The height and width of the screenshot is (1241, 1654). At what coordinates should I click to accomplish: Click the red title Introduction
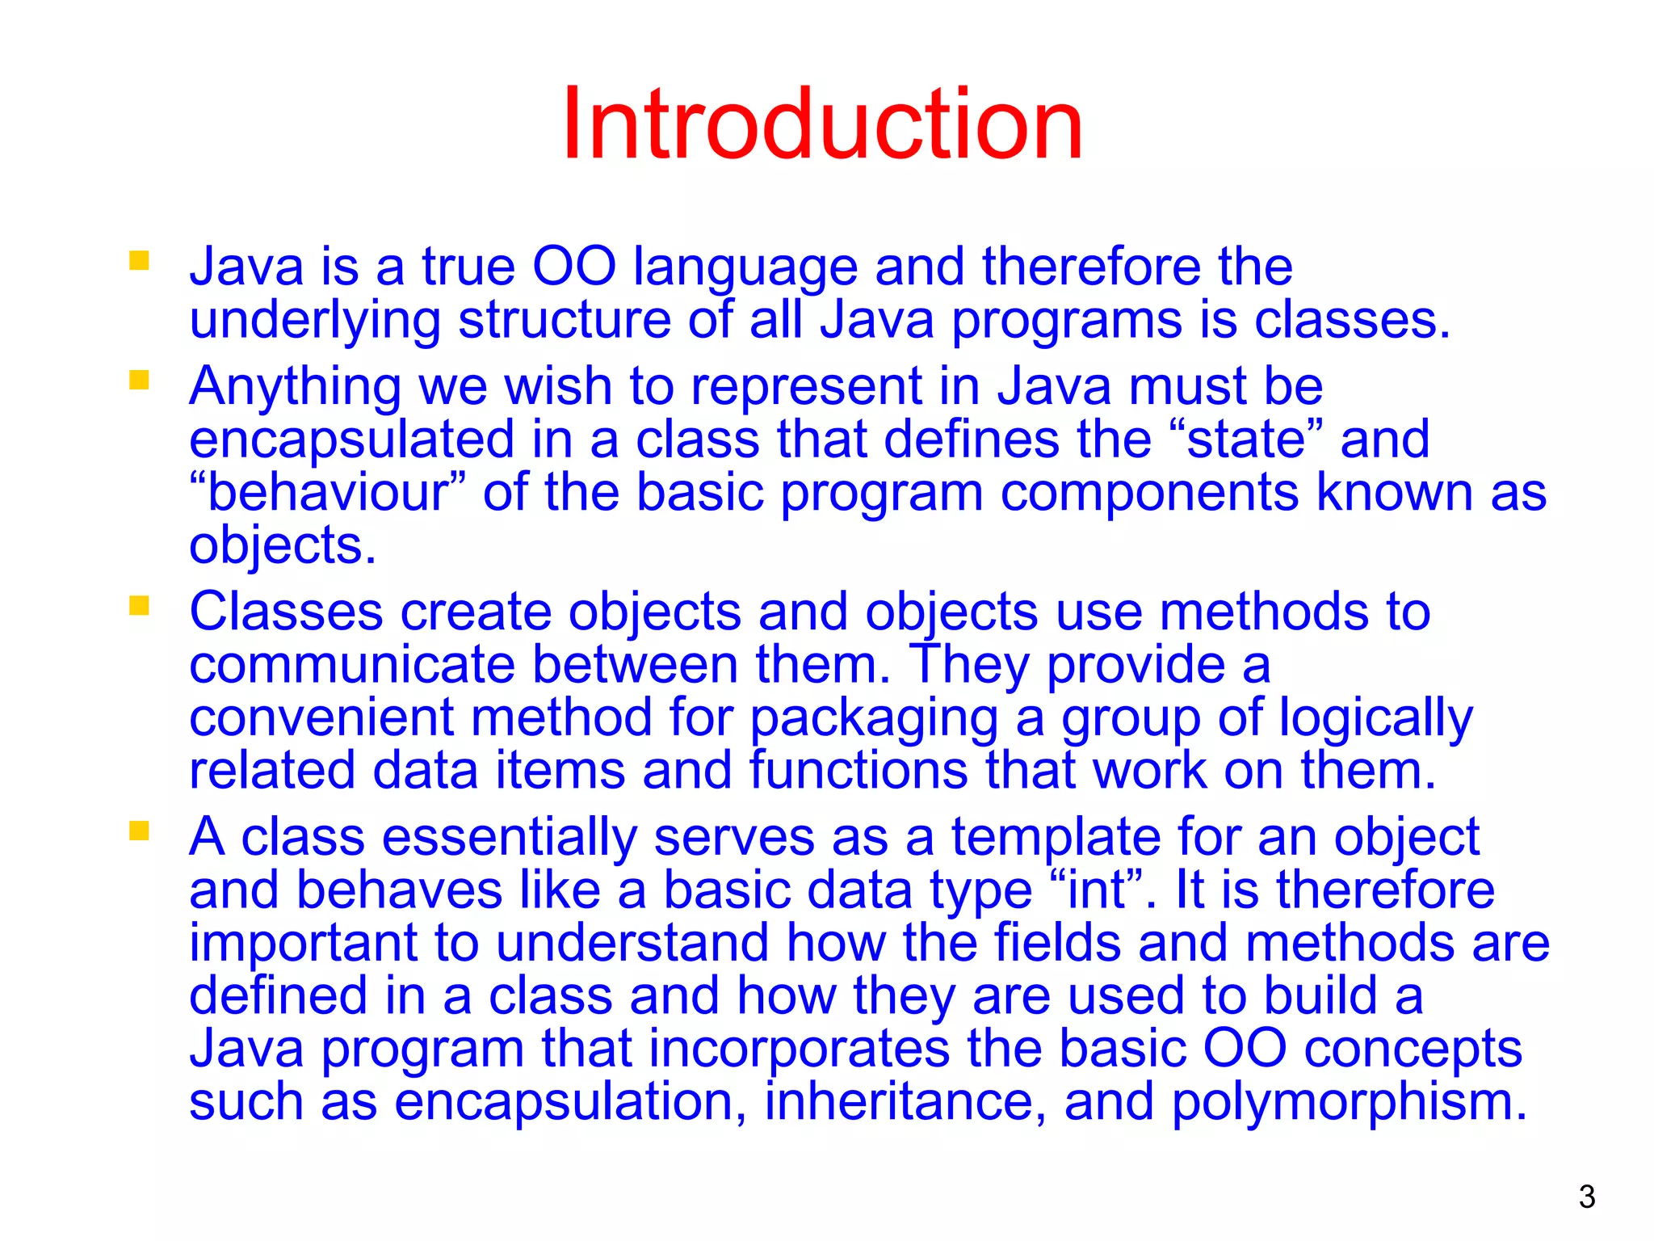822,125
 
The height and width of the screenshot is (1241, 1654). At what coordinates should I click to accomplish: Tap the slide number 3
1586,1197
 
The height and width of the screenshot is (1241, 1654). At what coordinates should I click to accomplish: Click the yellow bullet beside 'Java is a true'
139,260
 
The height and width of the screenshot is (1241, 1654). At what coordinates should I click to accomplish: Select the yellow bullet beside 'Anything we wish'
139,380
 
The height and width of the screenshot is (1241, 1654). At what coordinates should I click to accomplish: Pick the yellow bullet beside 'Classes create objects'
139,605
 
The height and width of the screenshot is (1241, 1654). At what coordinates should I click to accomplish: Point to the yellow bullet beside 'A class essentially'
139,831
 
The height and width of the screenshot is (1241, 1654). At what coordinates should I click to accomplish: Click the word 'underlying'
315,321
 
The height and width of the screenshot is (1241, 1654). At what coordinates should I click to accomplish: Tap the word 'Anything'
295,386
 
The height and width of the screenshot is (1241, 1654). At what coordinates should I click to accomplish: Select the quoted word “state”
1246,440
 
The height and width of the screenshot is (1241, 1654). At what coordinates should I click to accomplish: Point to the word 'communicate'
352,665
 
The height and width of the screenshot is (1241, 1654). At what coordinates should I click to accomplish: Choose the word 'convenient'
321,717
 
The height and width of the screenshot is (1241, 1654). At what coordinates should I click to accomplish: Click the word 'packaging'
874,719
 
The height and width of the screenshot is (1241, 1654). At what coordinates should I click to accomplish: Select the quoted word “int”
1098,890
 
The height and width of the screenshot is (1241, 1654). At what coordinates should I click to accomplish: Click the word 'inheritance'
898,1102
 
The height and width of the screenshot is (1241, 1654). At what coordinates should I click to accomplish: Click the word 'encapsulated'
351,440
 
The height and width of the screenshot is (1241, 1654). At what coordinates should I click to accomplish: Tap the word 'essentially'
509,837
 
